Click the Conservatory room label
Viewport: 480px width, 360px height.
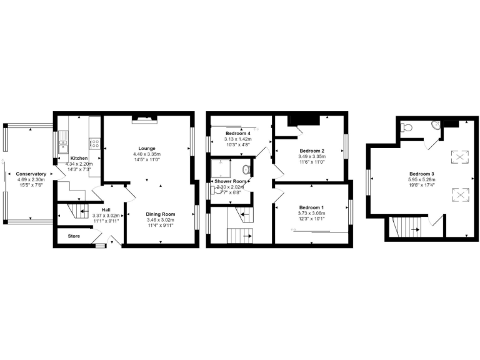(x=32, y=174)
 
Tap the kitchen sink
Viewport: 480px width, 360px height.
(x=63, y=147)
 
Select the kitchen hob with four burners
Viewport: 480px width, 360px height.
(x=96, y=143)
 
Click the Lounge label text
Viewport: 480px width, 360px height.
(x=146, y=148)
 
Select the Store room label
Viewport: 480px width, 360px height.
(x=74, y=236)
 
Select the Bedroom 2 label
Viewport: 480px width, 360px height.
(x=311, y=151)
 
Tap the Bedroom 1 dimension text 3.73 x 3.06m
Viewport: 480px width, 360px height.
(x=311, y=212)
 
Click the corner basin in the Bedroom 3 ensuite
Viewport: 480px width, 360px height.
(x=436, y=126)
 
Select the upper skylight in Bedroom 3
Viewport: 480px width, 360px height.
(x=461, y=157)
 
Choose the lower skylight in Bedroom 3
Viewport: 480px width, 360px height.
(x=461, y=196)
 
